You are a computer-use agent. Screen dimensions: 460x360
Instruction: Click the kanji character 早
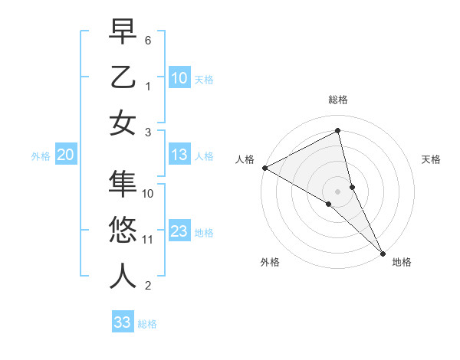(x=123, y=34)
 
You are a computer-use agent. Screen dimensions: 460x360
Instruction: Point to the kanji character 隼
(x=123, y=184)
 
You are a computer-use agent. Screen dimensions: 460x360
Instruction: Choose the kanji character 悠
(x=123, y=229)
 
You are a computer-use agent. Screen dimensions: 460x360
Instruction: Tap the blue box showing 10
(x=179, y=77)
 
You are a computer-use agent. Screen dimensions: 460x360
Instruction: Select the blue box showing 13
(x=179, y=155)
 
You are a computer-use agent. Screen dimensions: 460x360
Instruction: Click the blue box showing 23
(x=179, y=232)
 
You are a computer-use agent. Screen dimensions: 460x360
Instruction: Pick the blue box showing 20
(x=66, y=155)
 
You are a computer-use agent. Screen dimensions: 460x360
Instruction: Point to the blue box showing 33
(x=123, y=322)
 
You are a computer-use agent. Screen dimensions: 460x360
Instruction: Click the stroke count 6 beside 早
(x=148, y=39)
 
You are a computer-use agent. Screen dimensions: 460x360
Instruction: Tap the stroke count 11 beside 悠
(x=148, y=240)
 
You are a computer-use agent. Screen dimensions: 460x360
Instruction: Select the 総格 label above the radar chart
(x=338, y=100)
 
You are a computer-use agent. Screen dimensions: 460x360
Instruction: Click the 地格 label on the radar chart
(x=402, y=262)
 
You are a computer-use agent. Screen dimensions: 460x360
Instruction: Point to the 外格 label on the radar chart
(x=270, y=262)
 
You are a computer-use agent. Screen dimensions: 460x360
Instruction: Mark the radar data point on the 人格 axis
(x=264, y=168)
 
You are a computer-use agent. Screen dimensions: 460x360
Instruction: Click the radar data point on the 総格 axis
(x=338, y=131)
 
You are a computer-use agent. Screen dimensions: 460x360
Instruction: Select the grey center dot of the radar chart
(x=338, y=190)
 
